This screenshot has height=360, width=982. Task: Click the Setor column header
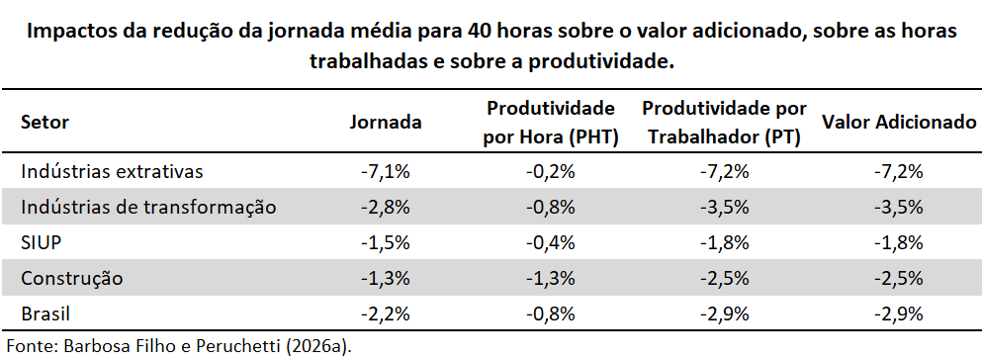45,122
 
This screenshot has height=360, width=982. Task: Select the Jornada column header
385,122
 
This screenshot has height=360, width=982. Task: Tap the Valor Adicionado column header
899,122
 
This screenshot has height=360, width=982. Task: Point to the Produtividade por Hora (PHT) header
551,123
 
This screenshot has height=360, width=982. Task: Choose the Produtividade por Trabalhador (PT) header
724,123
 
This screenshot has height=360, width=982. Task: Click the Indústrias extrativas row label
112,171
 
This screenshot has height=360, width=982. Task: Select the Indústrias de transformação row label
148,207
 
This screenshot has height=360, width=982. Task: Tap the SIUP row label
42,242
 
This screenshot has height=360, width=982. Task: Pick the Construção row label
72,278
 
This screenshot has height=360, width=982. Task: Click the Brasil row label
45,314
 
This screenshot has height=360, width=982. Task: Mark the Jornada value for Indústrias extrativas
386,171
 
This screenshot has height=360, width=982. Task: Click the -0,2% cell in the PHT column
551,171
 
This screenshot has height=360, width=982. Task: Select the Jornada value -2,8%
386,207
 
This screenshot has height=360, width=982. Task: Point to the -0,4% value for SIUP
551,242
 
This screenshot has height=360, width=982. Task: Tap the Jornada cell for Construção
386,278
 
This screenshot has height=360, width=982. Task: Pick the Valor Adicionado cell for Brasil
899,314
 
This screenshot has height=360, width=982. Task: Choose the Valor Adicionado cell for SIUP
899,242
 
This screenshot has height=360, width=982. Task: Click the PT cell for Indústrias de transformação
725,207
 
